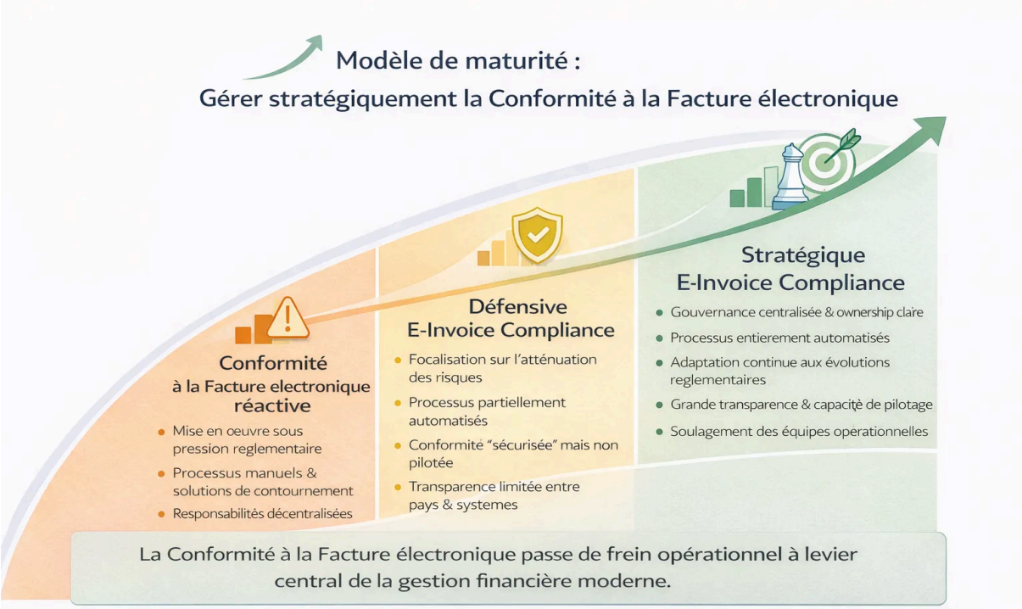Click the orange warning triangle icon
point(288,317)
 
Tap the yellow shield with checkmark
point(535,235)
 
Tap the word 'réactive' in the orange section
point(272,405)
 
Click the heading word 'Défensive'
point(517,306)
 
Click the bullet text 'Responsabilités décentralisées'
point(262,513)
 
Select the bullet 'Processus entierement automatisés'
point(779,338)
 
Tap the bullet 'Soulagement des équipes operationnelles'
point(799,431)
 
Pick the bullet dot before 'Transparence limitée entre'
point(397,487)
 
